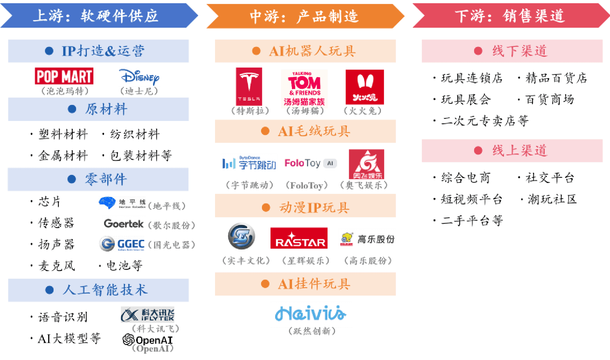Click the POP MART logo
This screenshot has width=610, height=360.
click(64, 76)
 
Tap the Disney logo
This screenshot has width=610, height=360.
click(139, 76)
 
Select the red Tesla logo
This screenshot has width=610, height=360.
click(249, 86)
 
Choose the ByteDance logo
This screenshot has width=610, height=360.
click(249, 163)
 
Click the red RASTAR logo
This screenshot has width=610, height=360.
click(299, 238)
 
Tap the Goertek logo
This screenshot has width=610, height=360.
click(124, 224)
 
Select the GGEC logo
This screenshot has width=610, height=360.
click(122, 244)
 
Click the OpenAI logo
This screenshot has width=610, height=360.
click(147, 340)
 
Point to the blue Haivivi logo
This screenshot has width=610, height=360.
click(311, 314)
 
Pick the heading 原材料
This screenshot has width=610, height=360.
click(106, 109)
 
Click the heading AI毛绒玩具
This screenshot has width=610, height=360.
click(314, 131)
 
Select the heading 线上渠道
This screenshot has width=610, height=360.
click(519, 151)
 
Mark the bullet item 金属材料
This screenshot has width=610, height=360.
click(63, 156)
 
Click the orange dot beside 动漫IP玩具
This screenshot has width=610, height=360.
click(266, 208)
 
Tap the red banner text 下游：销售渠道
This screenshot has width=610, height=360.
click(510, 16)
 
